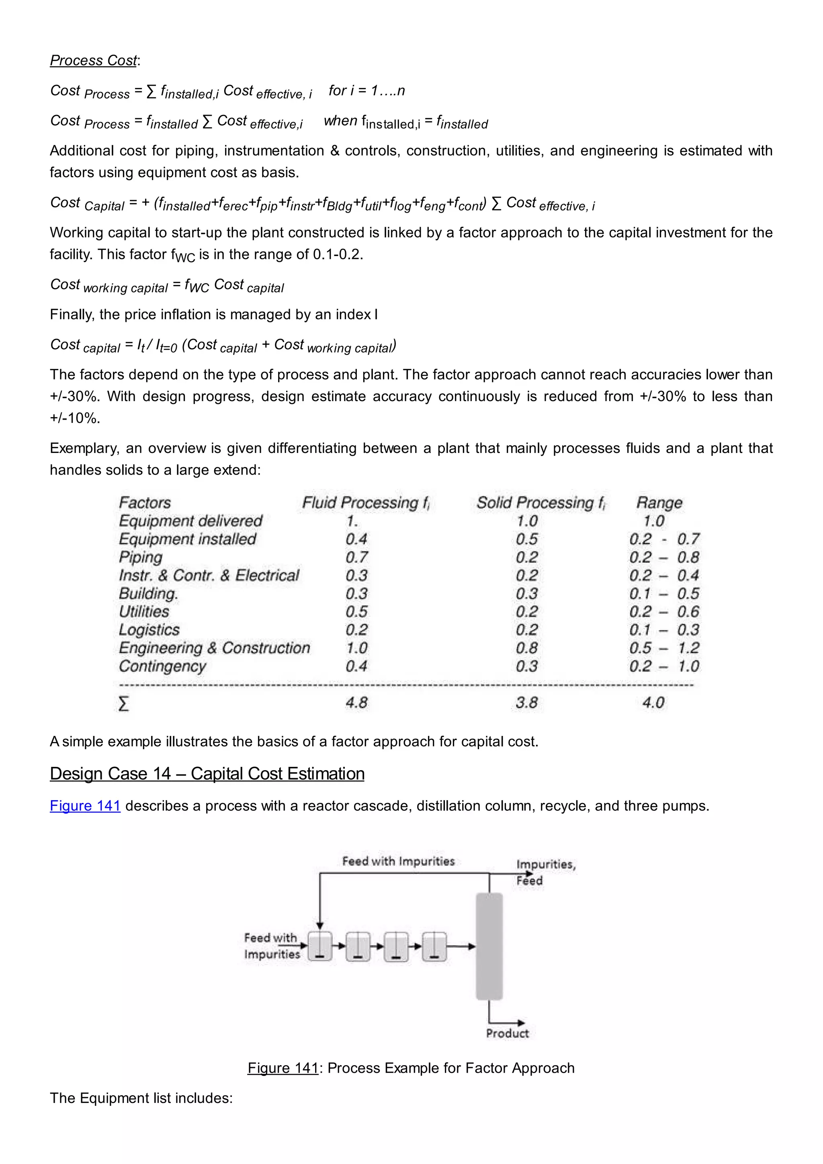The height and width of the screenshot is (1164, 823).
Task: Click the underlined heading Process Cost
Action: pyautogui.click(x=94, y=60)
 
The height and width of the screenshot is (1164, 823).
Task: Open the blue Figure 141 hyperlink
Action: pyautogui.click(x=85, y=805)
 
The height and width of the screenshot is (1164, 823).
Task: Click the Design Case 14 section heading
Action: pyautogui.click(x=207, y=774)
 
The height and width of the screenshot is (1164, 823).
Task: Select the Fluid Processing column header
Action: pyautogui.click(x=365, y=502)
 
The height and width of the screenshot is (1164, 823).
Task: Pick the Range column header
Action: pyautogui.click(x=659, y=502)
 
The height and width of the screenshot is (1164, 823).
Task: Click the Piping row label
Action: pyautogui.click(x=141, y=557)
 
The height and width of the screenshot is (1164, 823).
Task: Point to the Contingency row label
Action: pyautogui.click(x=163, y=666)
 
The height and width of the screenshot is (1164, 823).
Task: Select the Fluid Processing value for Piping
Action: pyautogui.click(x=357, y=557)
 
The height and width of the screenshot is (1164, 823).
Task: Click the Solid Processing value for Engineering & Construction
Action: pyautogui.click(x=527, y=648)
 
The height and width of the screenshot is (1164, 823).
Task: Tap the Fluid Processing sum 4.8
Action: pyautogui.click(x=357, y=703)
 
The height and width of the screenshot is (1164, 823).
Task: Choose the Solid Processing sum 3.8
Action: pyautogui.click(x=527, y=703)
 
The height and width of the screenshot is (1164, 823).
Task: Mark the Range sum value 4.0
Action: pyautogui.click(x=653, y=703)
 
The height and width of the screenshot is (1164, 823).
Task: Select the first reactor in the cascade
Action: pyautogui.click(x=320, y=946)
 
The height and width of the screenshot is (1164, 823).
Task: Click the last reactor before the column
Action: pyautogui.click(x=434, y=946)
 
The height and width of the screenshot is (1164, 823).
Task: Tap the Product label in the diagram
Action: pyautogui.click(x=507, y=1033)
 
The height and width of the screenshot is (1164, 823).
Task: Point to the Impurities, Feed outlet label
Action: pyautogui.click(x=545, y=872)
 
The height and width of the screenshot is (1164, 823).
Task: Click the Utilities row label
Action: pyautogui.click(x=144, y=611)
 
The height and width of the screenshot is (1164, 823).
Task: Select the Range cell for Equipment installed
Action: pyautogui.click(x=664, y=539)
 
